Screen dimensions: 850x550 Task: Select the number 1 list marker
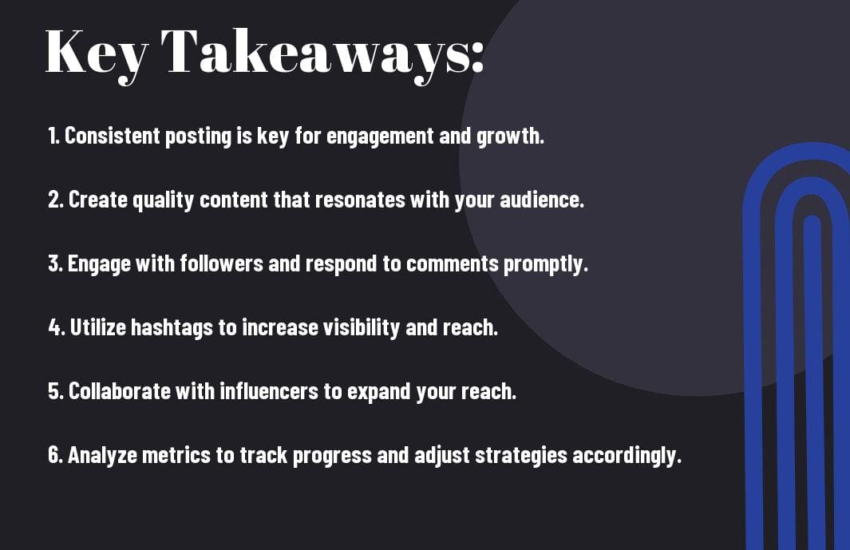[53, 136]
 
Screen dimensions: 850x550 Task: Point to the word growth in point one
[510, 137]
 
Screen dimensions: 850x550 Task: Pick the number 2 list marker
[55, 200]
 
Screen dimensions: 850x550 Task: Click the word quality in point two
[163, 200]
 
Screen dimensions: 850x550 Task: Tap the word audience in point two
[542, 200]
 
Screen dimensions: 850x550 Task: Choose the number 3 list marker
[55, 263]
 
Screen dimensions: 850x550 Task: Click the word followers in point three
[221, 263]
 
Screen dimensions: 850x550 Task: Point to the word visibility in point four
[362, 328]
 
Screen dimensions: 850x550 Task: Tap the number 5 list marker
[55, 391]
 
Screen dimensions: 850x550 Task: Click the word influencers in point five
[269, 391]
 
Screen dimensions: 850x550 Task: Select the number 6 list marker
[55, 455]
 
